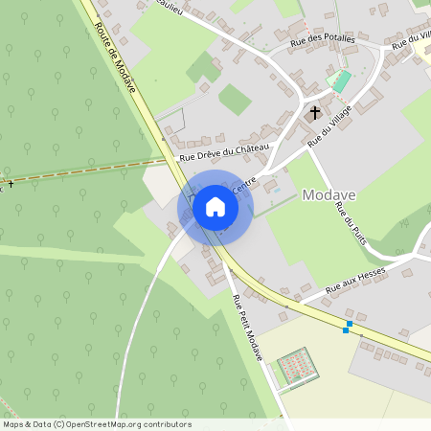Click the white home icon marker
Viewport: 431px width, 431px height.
(215, 206)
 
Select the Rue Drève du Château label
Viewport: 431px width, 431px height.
(225, 150)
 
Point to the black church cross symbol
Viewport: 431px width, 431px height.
(314, 113)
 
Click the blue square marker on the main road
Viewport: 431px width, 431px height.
(347, 329)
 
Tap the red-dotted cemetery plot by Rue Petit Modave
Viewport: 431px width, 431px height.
(297, 367)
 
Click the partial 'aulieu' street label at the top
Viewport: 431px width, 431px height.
(169, 8)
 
